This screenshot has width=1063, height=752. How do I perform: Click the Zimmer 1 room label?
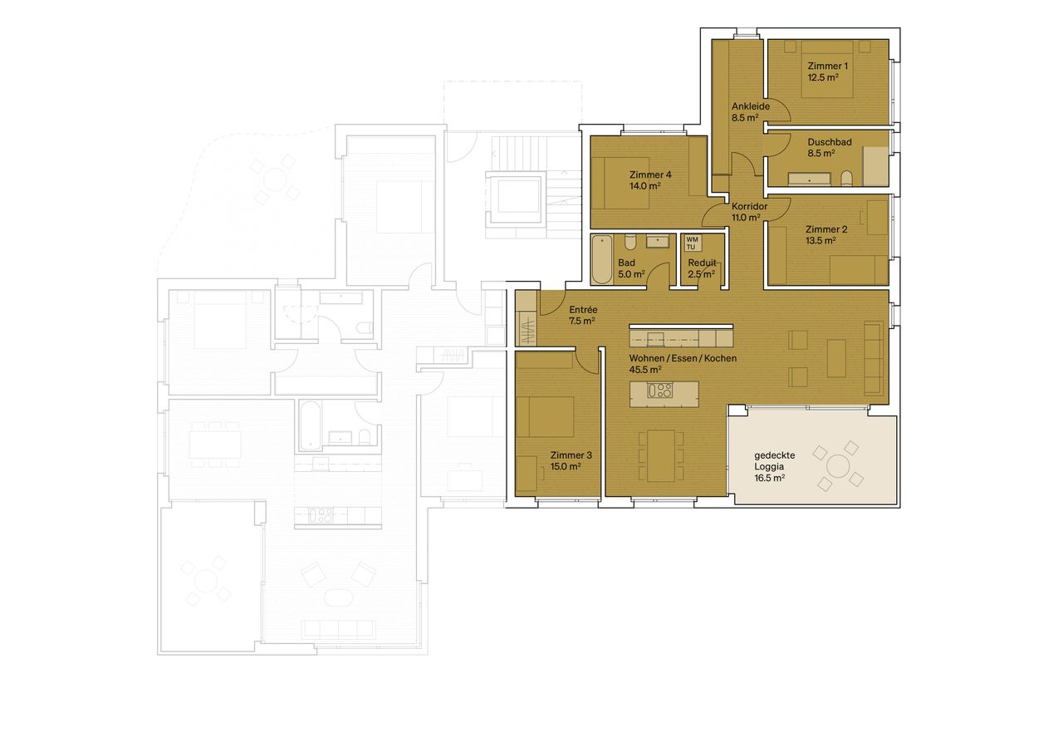827,66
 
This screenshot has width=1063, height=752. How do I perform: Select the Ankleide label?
751,106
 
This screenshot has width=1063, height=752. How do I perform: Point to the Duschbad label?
830,142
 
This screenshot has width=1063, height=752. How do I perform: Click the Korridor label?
749,207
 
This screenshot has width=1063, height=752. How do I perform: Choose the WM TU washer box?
693,243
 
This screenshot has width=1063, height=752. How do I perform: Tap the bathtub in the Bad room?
602,260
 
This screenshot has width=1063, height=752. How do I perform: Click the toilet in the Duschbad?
846,179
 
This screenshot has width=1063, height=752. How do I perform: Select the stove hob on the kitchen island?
660,391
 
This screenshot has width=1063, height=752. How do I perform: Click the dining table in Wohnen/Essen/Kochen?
661,455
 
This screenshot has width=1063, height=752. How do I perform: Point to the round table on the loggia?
838,465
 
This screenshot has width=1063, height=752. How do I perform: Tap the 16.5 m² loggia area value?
769,478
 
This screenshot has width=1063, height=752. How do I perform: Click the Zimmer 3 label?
571,455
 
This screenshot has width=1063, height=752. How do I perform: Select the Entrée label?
583,310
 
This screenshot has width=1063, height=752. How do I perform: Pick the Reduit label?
702,263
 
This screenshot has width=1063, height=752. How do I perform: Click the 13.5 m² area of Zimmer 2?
821,241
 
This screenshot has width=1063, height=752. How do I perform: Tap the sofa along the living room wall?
873,358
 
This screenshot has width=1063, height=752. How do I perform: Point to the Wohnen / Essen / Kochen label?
683,358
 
